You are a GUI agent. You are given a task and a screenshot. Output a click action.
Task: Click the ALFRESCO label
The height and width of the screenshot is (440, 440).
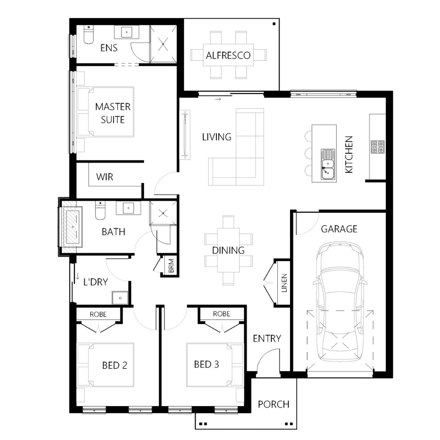pyautogui.click(x=228, y=55)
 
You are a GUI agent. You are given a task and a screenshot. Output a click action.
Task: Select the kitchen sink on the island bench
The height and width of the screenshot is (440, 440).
pyautogui.click(x=328, y=165)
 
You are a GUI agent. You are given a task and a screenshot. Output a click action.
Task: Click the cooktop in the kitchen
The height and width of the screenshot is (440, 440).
pyautogui.click(x=377, y=147)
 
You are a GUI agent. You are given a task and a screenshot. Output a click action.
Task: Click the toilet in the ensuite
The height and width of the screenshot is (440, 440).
pyautogui.click(x=88, y=35)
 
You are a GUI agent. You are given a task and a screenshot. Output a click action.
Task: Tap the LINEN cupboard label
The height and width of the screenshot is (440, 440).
pyautogui.click(x=284, y=283)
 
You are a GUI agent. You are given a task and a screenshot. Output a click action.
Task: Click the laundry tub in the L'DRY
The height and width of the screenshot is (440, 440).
pyautogui.click(x=120, y=298)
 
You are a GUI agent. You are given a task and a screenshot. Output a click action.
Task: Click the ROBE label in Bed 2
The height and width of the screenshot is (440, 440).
pyautogui.click(x=98, y=314)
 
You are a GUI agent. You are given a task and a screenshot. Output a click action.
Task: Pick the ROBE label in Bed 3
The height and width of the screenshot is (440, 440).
pyautogui.click(x=221, y=314)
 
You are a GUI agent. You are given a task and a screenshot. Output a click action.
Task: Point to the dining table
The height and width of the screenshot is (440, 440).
pyautogui.click(x=228, y=250)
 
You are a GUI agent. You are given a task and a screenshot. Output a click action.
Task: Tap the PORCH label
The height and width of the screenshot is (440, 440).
pyautogui.click(x=273, y=404)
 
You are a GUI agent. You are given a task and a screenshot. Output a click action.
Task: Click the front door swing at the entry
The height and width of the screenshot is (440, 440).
pyautogui.click(x=267, y=361)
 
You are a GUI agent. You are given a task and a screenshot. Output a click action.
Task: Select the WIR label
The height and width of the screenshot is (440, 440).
pyautogui.click(x=104, y=177)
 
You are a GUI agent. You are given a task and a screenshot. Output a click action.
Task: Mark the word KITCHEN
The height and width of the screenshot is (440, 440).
pyautogui.click(x=349, y=155)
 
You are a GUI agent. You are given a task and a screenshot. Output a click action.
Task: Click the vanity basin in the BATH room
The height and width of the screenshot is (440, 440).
pyautogui.click(x=128, y=208)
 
